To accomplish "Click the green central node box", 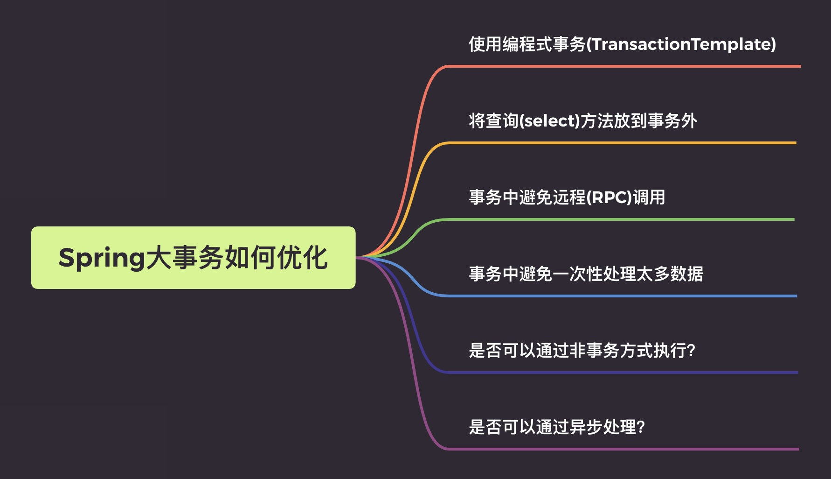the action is (x=193, y=258).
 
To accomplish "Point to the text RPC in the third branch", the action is (x=609, y=197).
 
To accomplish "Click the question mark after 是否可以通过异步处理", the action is (x=641, y=427).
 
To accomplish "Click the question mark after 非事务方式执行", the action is (x=691, y=350).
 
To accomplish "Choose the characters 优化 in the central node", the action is (x=302, y=258).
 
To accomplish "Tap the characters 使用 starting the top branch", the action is (x=485, y=44).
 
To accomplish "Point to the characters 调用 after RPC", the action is (x=649, y=197).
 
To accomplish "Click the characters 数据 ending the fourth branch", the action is (x=686, y=274).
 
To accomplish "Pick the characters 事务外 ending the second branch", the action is (x=672, y=121).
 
